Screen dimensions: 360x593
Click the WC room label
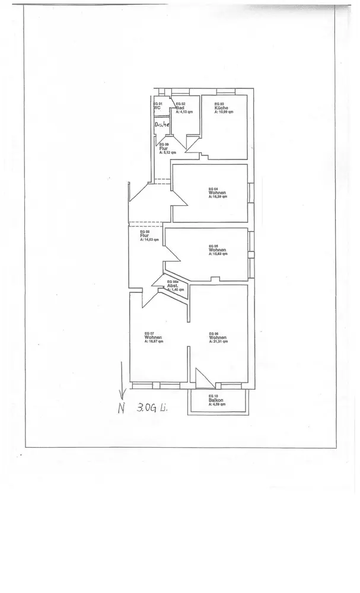[157, 107]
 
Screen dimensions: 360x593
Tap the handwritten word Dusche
[162, 125]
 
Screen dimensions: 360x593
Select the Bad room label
[180, 107]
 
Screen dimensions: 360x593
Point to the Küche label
[219, 108]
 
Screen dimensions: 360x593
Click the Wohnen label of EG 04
[217, 193]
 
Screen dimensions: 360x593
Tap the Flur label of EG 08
[144, 235]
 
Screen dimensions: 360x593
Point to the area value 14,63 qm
[149, 239]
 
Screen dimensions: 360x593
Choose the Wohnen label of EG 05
[217, 250]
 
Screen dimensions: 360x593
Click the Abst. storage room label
[173, 285]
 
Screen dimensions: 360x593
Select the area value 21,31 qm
[219, 342]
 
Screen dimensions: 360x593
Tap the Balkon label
[216, 400]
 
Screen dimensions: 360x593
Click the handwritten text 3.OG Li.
[152, 408]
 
